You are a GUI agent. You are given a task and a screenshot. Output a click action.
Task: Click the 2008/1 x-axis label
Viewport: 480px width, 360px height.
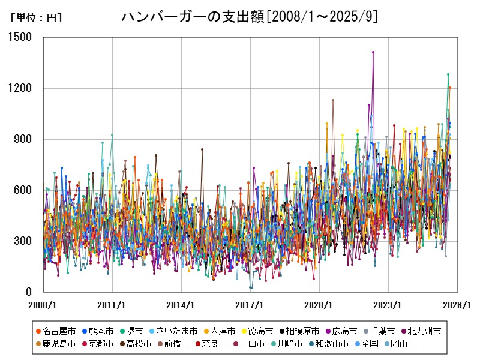pyautogui.click(x=43, y=305)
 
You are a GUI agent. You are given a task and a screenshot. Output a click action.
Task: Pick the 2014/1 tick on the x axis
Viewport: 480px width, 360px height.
pyautogui.click(x=181, y=305)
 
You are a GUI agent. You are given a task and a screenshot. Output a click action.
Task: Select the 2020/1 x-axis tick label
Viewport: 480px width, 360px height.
pyautogui.click(x=318, y=305)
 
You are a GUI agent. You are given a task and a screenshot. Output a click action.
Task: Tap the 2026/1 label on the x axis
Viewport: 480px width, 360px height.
pyautogui.click(x=455, y=305)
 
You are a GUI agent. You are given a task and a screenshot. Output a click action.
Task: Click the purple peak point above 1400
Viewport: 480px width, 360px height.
pyautogui.click(x=373, y=52)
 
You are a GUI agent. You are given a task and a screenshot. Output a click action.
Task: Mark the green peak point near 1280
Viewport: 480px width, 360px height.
pyautogui.click(x=448, y=74)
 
